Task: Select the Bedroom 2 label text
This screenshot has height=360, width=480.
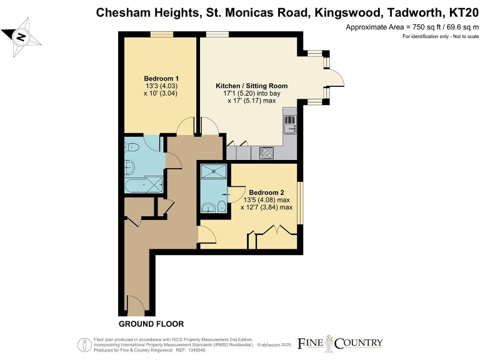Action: click(266, 192)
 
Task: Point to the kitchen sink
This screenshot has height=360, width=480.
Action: click(289, 127)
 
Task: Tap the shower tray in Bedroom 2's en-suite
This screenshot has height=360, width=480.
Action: click(214, 172)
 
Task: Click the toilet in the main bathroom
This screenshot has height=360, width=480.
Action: click(132, 147)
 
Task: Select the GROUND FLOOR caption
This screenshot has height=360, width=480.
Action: click(151, 324)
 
